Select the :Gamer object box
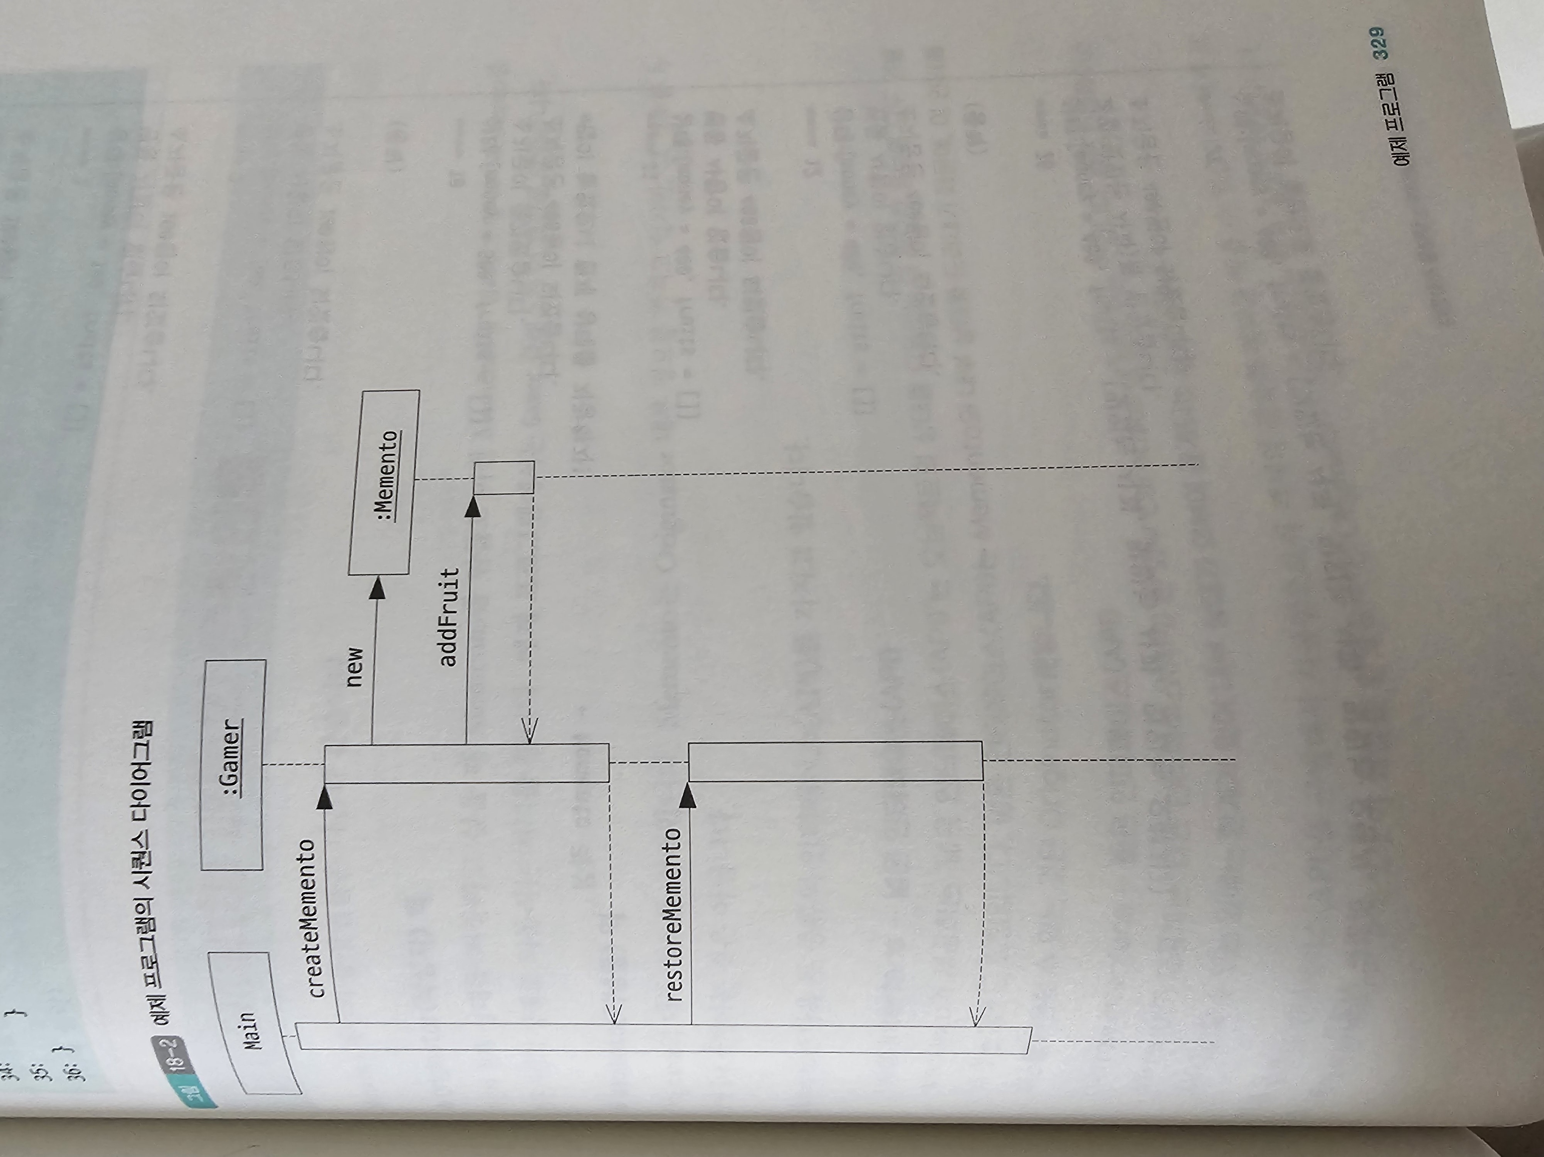pyautogui.click(x=233, y=765)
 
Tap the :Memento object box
pyautogui.click(x=384, y=482)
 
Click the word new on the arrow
pyautogui.click(x=355, y=667)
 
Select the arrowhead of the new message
pyautogui.click(x=377, y=590)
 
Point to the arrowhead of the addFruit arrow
pyautogui.click(x=473, y=508)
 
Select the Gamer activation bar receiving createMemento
pyautogui.click(x=466, y=763)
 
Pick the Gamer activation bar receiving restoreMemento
pyautogui.click(x=835, y=761)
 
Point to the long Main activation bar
pyautogui.click(x=663, y=1038)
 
